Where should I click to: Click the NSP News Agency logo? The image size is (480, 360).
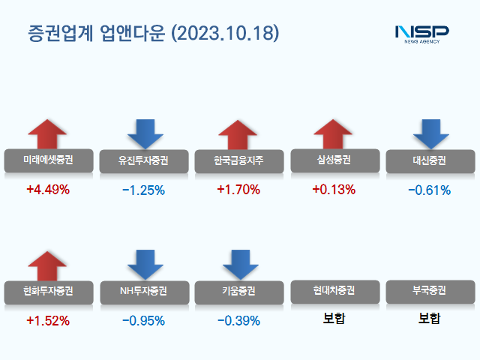coord(421,34)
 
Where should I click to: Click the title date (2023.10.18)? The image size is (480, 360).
coord(225,34)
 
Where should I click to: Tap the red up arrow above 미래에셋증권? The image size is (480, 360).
coord(47,134)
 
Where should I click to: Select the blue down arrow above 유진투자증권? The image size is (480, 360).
coord(144,133)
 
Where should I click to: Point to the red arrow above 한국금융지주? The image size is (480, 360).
coord(238,134)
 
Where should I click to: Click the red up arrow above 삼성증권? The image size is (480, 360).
coord(333,134)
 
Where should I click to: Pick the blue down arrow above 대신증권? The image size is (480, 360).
coord(430,133)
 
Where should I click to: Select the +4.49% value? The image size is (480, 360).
coord(47,190)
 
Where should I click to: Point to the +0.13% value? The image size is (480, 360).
coord(333,190)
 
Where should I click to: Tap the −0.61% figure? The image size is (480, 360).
coord(429,190)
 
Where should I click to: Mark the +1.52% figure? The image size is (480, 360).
coord(47,321)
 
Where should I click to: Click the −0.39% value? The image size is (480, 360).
coord(238,321)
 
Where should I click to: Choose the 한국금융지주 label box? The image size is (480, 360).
coord(239,160)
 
